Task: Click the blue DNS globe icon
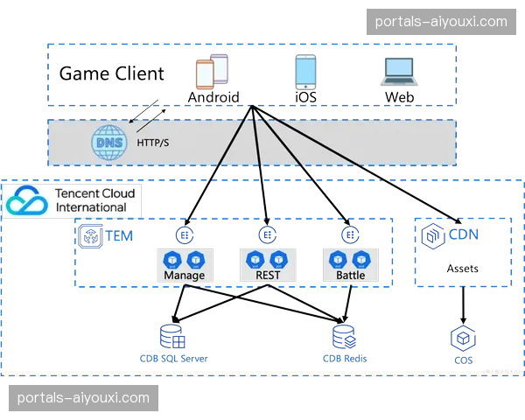109,143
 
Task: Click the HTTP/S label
153,143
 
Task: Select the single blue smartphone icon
304,72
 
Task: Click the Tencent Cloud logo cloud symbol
27,201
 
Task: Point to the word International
90,207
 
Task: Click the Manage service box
184,264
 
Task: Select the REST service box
268,264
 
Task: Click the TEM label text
118,236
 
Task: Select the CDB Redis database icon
343,336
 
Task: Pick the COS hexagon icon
461,339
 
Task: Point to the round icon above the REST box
267,234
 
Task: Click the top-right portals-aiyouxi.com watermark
440,21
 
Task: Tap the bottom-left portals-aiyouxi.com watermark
84,398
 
